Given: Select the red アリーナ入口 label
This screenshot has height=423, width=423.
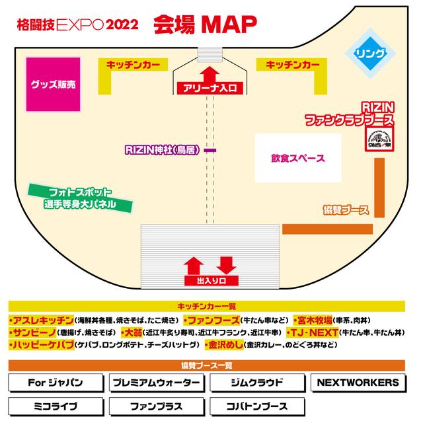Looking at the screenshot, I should [x=210, y=88].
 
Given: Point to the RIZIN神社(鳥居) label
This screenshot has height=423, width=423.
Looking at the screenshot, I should [x=163, y=149].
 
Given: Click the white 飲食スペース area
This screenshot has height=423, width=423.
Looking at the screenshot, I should [x=297, y=159].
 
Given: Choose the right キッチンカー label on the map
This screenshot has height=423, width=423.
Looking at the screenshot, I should [x=292, y=65].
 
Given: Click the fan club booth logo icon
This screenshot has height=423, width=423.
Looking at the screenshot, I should [x=381, y=138].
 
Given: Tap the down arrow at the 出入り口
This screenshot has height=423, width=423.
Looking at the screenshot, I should [x=227, y=265].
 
